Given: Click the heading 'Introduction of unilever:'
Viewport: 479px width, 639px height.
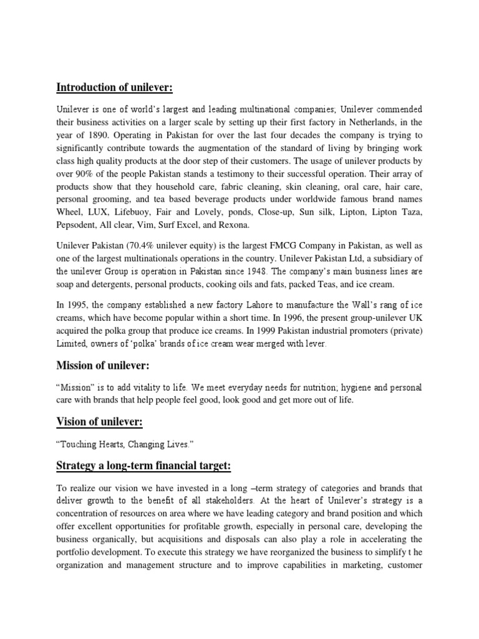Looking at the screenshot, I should point(115,87).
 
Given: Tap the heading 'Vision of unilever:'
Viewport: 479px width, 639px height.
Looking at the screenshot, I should point(99,422).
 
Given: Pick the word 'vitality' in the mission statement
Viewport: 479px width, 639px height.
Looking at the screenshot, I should point(140,388).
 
